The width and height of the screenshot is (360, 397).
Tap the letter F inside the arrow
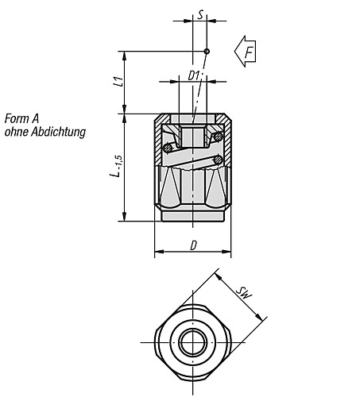coord(249,52)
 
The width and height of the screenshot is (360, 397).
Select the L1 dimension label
coord(116,81)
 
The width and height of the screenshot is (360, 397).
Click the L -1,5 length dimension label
coord(116,167)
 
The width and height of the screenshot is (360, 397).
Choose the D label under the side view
coord(192,245)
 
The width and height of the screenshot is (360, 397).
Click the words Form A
coord(21,119)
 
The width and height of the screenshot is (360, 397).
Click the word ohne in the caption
coord(16,132)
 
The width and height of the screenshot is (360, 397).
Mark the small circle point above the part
coord(207,52)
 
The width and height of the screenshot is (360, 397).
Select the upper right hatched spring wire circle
coord(218,139)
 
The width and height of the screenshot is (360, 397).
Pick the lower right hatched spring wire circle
coord(217,162)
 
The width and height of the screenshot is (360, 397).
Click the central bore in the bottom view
coord(191,344)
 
